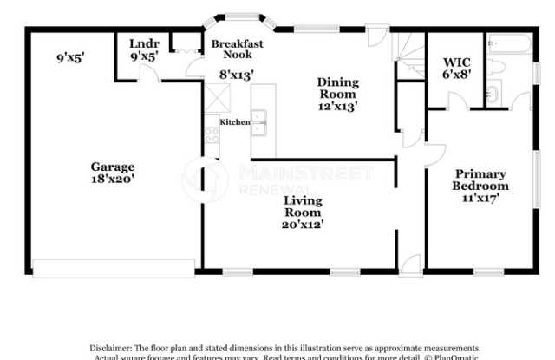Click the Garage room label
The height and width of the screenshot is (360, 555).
tap(113, 167)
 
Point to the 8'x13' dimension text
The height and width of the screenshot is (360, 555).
tap(236, 75)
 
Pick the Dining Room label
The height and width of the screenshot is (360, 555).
tap(338, 88)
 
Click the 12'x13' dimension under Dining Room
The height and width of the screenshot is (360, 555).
tap(338, 106)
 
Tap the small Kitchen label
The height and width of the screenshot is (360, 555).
tap(234, 122)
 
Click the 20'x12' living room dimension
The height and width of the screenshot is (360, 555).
tap(304, 225)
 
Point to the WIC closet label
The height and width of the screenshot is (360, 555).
tap(456, 62)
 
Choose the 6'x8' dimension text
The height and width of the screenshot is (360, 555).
tap(456, 75)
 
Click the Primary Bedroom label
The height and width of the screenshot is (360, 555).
tap(481, 180)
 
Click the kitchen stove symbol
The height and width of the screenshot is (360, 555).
tap(212, 134)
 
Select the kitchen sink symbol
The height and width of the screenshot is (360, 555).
tap(260, 123)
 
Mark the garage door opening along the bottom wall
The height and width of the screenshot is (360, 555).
tap(113, 268)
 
